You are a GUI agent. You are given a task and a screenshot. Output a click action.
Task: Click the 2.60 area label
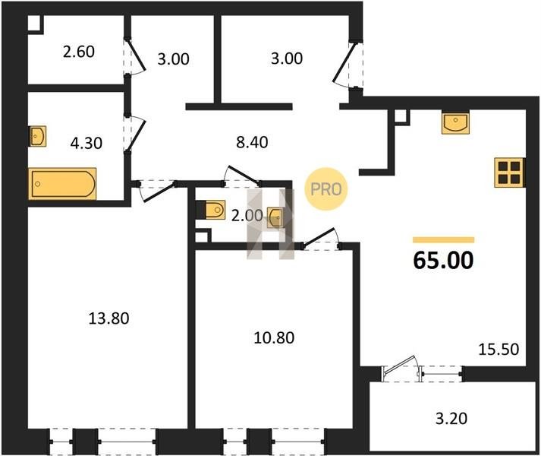click(x=79, y=52)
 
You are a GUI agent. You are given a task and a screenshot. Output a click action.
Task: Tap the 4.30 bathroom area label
click(x=86, y=143)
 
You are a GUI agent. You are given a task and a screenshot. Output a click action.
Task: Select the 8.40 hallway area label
click(x=252, y=142)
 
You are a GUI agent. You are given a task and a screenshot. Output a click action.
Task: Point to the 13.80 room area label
click(x=109, y=318)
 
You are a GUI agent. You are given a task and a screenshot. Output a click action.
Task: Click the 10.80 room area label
click(x=274, y=337)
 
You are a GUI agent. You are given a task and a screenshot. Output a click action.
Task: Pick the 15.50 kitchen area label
click(x=499, y=350)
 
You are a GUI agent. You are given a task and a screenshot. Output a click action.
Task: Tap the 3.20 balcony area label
click(x=451, y=419)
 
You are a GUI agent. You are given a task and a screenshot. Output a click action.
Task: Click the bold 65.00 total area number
click(x=443, y=261)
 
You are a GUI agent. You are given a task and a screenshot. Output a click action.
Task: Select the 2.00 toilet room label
click(x=247, y=216)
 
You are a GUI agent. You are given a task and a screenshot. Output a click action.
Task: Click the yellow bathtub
click(x=62, y=184)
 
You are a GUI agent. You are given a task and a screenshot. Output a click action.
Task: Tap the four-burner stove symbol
click(x=509, y=173)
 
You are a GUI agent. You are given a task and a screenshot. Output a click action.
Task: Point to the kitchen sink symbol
click(x=455, y=123)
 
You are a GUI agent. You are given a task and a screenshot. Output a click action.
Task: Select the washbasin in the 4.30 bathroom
click(x=37, y=136)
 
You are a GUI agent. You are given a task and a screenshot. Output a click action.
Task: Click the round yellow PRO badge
click(x=326, y=189)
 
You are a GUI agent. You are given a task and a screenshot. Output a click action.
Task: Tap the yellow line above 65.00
click(x=443, y=240)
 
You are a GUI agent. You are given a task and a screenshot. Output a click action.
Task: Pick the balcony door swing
click(x=401, y=366)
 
